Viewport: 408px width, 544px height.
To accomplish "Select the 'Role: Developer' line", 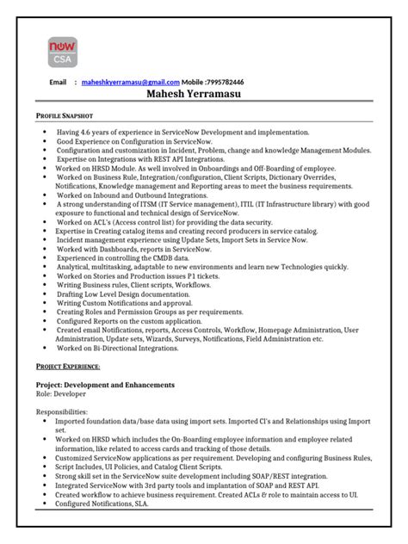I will (66, 393).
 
